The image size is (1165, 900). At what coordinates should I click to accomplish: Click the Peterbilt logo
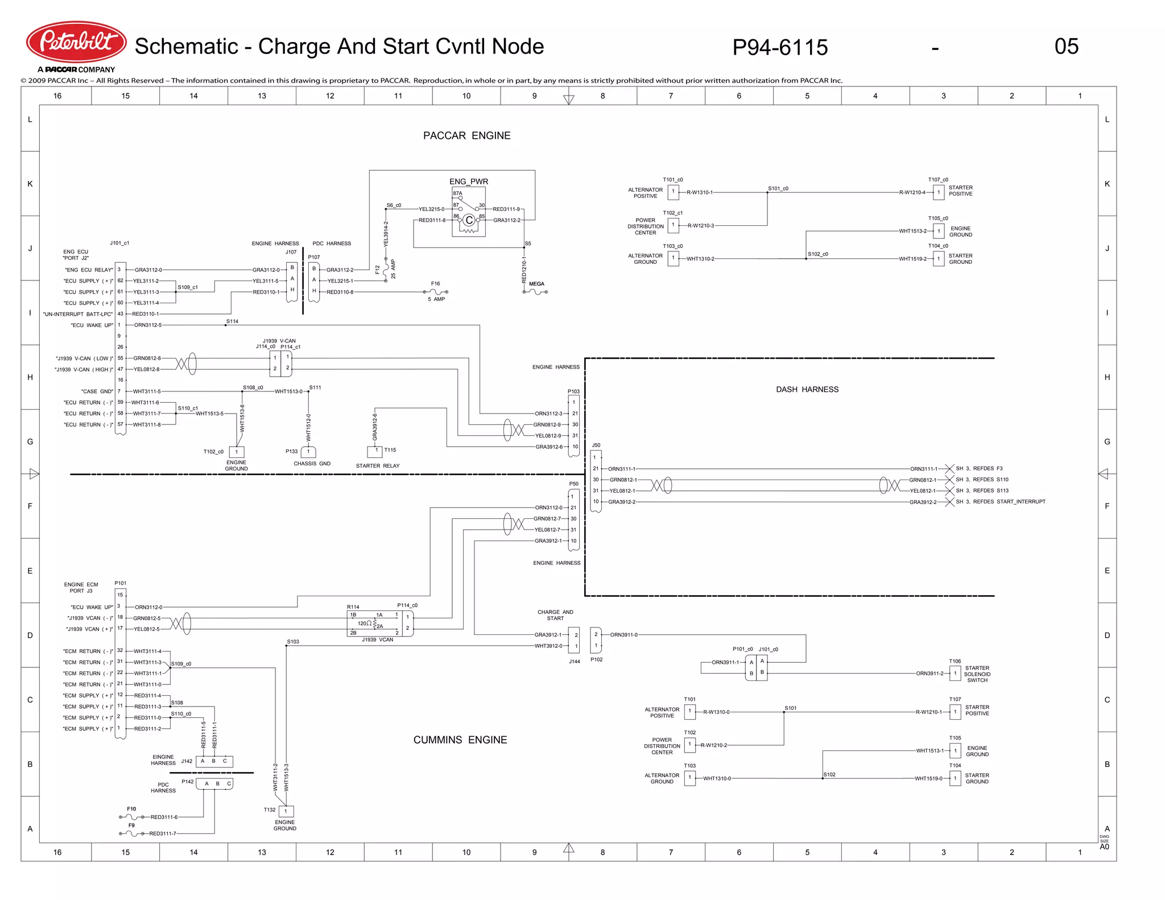tap(76, 42)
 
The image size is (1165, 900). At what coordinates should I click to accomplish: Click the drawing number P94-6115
tap(780, 47)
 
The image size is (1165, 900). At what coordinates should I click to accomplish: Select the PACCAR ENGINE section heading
tap(466, 135)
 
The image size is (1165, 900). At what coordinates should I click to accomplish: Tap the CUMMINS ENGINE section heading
tap(460, 740)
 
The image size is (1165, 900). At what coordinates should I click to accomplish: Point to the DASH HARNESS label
tap(807, 389)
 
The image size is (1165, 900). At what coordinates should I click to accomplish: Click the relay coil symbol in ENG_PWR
tap(469, 220)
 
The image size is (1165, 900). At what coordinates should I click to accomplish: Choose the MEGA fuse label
tap(536, 284)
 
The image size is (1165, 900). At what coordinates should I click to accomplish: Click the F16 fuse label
tap(435, 283)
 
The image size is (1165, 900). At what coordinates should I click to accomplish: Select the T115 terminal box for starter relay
tap(375, 452)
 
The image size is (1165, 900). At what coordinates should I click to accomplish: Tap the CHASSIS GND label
tap(312, 464)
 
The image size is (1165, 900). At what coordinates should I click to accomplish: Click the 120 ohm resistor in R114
tap(374, 624)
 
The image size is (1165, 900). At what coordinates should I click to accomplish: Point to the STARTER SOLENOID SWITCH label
tap(977, 674)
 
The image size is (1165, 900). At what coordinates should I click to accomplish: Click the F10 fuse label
tap(131, 808)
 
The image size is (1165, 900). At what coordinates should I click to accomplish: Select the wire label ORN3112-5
tap(148, 325)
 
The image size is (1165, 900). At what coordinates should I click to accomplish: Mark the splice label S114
tap(232, 321)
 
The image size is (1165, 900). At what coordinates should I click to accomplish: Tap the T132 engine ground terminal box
tap(286, 811)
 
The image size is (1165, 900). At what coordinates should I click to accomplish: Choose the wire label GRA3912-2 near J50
tap(622, 502)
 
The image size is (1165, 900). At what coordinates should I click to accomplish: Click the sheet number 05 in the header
tap(1066, 47)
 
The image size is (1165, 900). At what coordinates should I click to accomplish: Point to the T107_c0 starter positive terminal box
tap(939, 192)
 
